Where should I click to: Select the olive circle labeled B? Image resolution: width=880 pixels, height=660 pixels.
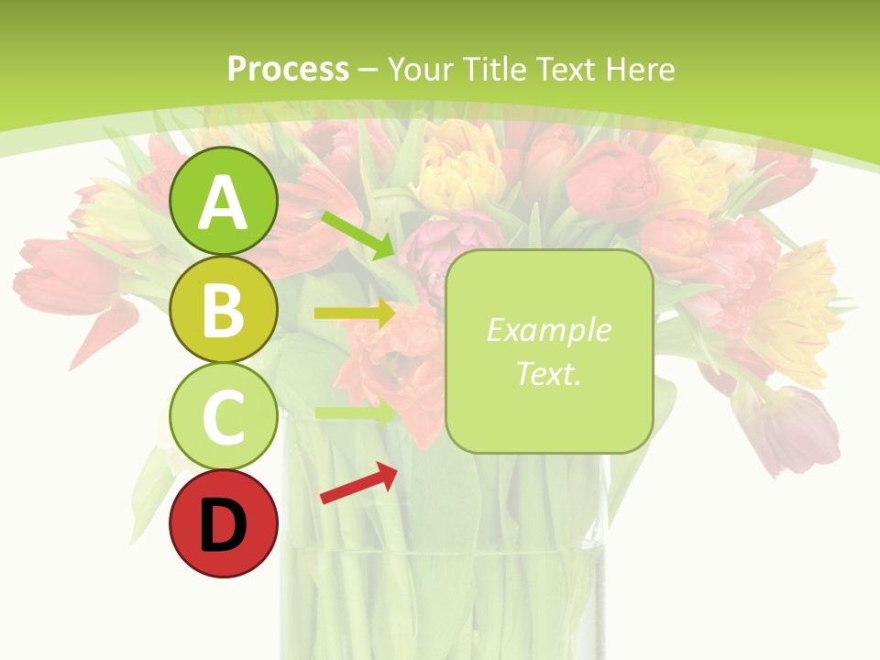[224, 310]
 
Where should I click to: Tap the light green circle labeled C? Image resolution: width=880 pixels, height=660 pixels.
[224, 417]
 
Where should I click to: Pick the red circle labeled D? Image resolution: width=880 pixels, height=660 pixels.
[224, 524]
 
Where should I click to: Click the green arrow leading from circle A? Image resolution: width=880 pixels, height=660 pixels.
[357, 235]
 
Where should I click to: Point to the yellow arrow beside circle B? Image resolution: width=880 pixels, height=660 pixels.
[354, 313]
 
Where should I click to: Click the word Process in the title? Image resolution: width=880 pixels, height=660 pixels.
[288, 70]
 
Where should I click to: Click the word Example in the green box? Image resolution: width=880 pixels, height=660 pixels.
[548, 330]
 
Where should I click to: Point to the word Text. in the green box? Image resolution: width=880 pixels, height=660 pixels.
[548, 373]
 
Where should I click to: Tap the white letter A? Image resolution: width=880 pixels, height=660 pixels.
[224, 203]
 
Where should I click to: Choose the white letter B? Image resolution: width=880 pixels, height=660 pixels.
[224, 312]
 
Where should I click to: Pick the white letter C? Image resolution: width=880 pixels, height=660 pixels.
[224, 419]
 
